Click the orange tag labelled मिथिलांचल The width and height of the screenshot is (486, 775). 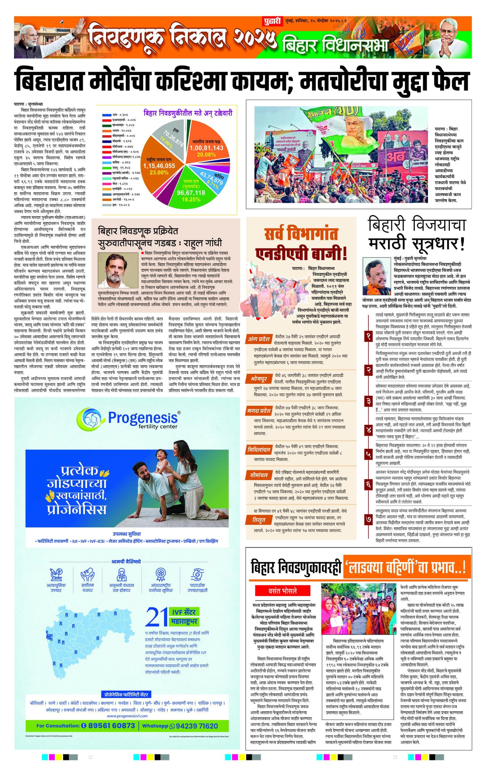259,450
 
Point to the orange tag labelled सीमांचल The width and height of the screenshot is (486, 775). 259,475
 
